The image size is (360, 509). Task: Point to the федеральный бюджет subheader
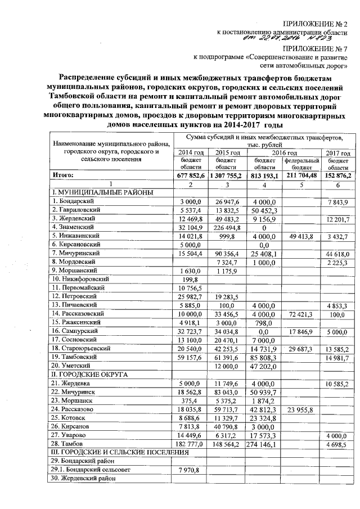click(x=301, y=164)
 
